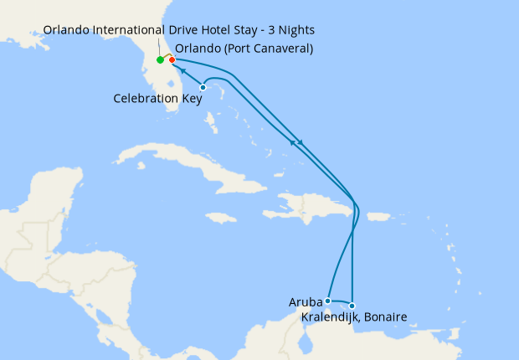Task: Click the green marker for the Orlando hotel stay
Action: [160, 60]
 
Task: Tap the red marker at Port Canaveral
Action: [172, 60]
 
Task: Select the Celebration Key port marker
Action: [203, 87]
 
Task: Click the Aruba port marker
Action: [328, 301]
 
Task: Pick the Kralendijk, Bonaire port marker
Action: [352, 306]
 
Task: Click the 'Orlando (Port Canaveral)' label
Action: [244, 48]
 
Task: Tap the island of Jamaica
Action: [222, 217]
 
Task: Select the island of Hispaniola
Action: [310, 205]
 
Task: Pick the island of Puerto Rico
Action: [378, 216]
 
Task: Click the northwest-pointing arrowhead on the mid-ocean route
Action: [293, 143]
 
